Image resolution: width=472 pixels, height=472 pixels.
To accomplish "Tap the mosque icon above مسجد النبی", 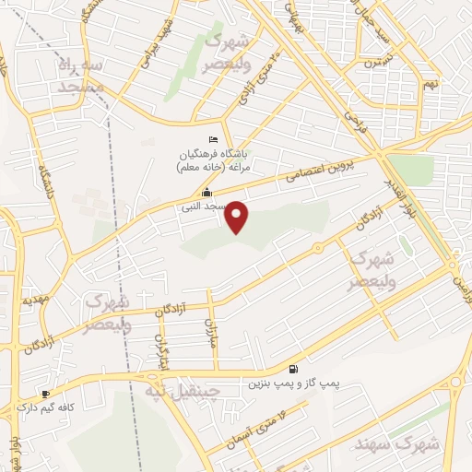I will [206, 193].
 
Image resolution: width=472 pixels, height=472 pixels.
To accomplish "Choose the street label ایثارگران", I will [162, 350].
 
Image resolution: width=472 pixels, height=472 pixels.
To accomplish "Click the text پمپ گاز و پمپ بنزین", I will [282, 383].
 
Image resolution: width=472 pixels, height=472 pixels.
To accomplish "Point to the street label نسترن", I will [371, 63].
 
